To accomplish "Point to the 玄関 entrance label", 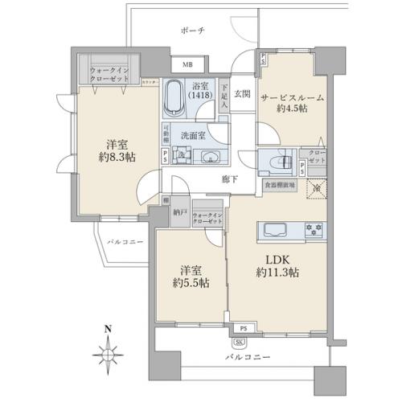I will tap(242, 93).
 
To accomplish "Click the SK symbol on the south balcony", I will tap(242, 339).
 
